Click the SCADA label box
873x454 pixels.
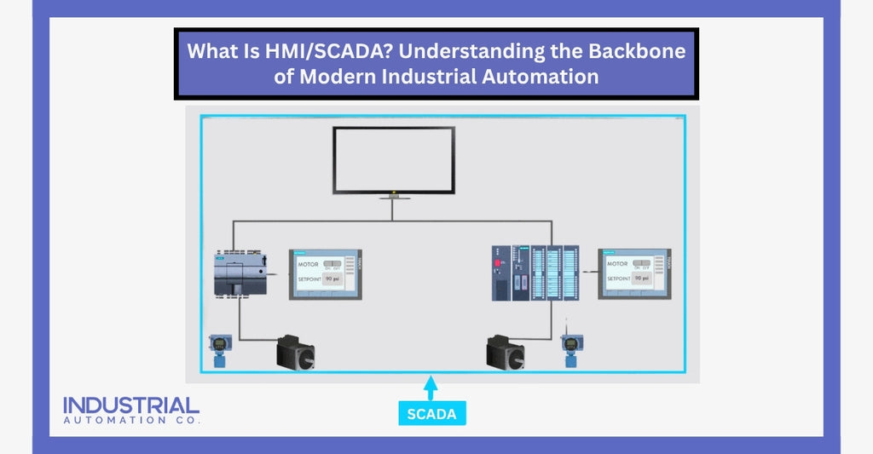(431, 414)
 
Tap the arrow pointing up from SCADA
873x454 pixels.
(431, 388)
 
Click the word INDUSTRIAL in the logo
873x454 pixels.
(131, 405)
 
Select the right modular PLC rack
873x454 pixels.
(536, 273)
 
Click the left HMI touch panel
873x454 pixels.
(327, 273)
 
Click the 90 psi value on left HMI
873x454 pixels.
(332, 279)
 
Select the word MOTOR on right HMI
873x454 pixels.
(617, 264)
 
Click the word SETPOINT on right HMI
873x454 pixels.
(619, 279)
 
